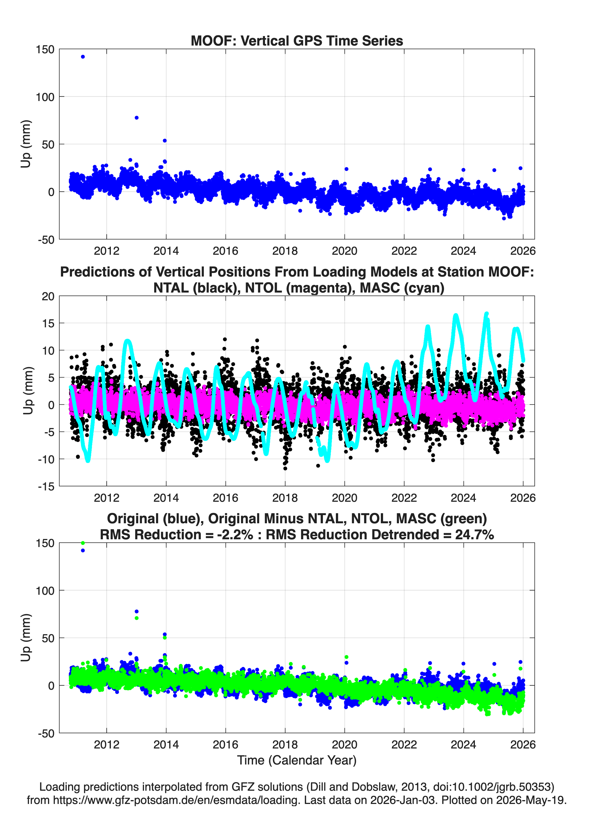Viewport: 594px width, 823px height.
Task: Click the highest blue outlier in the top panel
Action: click(83, 57)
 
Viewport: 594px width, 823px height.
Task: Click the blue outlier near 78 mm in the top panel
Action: click(136, 118)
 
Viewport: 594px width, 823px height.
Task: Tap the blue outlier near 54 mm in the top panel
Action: click(165, 140)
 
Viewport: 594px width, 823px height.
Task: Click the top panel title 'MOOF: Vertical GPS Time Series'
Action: click(297, 41)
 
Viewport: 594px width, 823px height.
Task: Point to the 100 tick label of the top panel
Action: click(45, 97)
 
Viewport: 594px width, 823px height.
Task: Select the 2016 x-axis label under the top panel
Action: click(226, 251)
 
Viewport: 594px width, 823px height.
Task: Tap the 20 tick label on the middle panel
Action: click(48, 296)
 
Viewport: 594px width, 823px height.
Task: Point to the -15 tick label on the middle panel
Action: click(46, 487)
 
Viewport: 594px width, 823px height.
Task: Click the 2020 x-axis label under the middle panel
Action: click(344, 498)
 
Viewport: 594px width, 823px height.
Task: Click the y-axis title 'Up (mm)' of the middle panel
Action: click(28, 391)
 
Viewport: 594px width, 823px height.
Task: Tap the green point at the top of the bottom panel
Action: click(83, 543)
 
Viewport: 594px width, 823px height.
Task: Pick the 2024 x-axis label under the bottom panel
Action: click(464, 745)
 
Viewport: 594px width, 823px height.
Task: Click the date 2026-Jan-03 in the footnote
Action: click(403, 800)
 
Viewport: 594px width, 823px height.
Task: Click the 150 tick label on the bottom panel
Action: click(45, 543)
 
